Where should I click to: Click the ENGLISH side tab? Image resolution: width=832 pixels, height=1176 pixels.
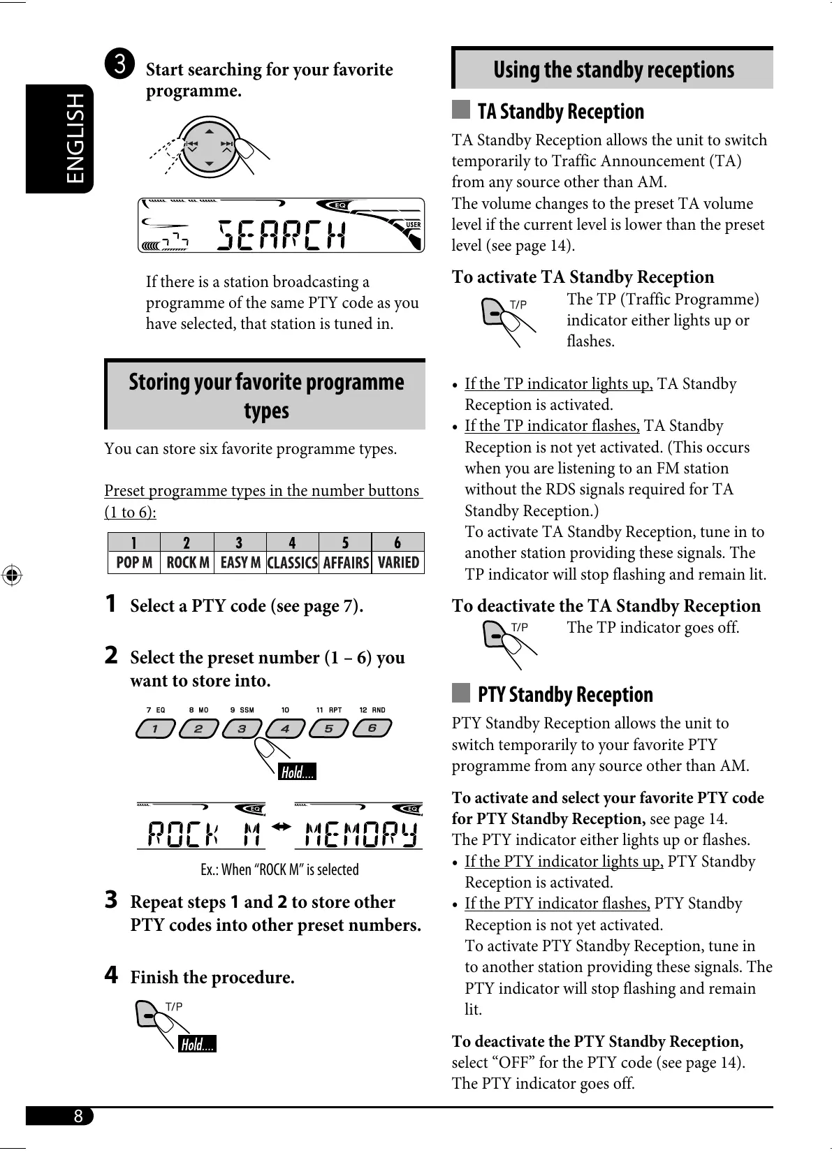(60, 138)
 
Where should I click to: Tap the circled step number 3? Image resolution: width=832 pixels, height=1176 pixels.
(119, 64)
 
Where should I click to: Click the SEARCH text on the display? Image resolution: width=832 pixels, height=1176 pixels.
(281, 235)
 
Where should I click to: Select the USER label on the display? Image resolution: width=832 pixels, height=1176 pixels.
(414, 224)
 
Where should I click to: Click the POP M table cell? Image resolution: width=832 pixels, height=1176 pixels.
(134, 563)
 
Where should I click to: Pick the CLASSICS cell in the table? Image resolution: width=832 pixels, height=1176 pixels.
(292, 563)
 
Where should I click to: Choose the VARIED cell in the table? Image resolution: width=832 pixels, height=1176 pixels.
(398, 563)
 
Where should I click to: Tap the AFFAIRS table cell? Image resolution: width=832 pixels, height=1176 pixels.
(345, 563)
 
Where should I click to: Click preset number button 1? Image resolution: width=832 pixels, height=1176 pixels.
(155, 729)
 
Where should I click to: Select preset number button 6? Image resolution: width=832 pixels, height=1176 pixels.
(372, 729)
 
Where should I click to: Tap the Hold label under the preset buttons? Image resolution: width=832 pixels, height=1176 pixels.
(297, 772)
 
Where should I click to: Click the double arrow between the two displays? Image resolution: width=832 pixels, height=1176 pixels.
(281, 827)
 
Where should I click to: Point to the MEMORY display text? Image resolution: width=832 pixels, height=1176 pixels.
(360, 834)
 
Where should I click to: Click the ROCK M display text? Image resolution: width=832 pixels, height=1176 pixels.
(204, 834)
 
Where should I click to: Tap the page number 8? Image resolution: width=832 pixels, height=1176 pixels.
(78, 1116)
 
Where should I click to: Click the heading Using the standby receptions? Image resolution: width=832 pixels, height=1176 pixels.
(613, 70)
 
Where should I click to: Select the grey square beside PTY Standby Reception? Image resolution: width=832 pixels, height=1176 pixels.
(461, 693)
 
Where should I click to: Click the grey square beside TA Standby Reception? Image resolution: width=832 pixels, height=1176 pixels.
(461, 110)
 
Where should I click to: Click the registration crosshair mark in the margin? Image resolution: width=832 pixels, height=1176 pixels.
(11, 576)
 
